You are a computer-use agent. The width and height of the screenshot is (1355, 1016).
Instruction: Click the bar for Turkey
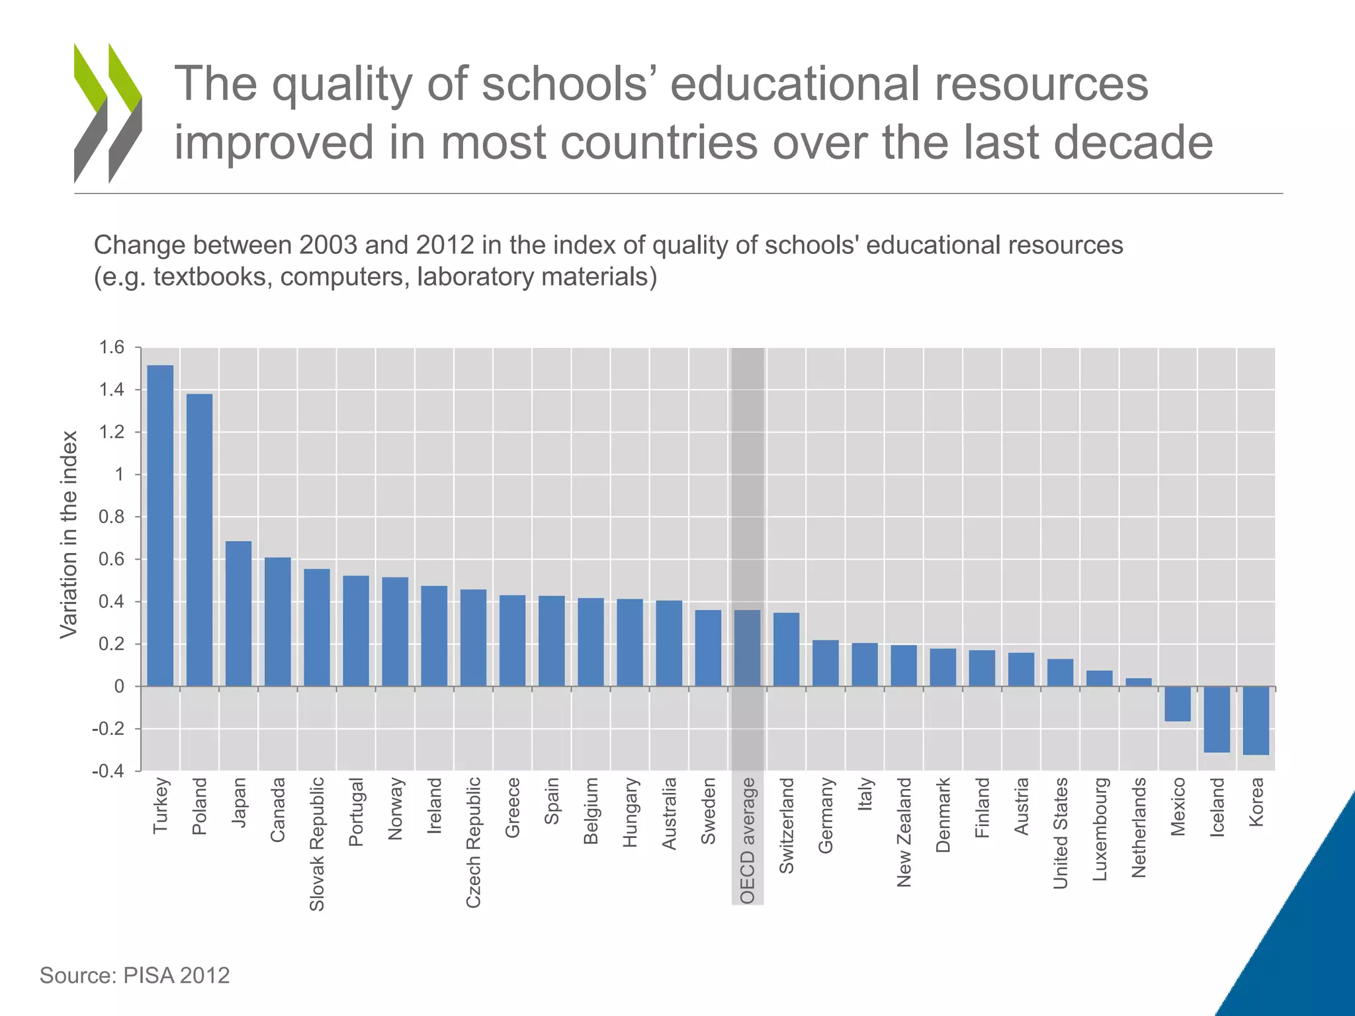[x=160, y=526]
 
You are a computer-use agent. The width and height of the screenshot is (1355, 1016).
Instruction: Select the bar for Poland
[x=199, y=540]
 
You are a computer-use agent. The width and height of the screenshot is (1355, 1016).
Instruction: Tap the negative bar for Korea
[x=1256, y=720]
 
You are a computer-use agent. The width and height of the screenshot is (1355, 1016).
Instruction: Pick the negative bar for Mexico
[x=1178, y=704]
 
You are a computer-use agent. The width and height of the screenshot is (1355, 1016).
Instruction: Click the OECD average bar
[x=747, y=648]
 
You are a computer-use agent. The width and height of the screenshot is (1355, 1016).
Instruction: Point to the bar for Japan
[x=238, y=614]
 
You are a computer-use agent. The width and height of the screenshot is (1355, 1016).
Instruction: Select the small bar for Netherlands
[x=1139, y=682]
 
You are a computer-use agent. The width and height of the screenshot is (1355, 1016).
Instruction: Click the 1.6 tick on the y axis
[x=111, y=347]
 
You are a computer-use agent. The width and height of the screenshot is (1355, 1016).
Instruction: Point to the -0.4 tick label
[x=108, y=771]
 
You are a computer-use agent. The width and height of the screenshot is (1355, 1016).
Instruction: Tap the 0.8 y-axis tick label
[x=111, y=517]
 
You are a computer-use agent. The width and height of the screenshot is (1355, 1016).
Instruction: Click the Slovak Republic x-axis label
[x=317, y=843]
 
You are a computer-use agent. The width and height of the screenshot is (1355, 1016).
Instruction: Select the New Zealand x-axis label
[x=904, y=831]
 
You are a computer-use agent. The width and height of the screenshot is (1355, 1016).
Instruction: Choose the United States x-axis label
[x=1061, y=833]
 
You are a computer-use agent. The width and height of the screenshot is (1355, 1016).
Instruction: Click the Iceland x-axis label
[x=1217, y=807]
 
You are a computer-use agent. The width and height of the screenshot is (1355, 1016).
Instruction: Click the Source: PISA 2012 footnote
[x=135, y=975]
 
